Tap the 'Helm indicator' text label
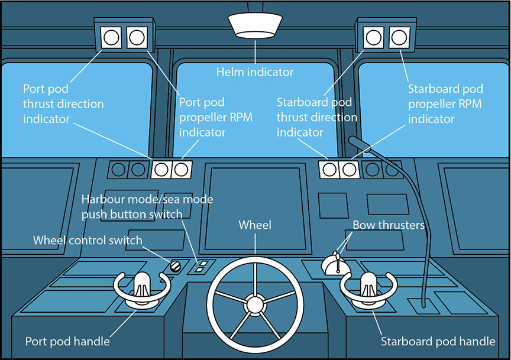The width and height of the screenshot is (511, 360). [x=255, y=72]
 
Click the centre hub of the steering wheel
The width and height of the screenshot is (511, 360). [x=255, y=304]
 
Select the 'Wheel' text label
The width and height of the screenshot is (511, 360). [x=255, y=225]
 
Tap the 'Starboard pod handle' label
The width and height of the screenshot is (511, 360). [x=438, y=342]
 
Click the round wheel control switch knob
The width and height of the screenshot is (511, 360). [x=175, y=266]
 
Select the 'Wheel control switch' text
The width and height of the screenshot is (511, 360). [x=88, y=240]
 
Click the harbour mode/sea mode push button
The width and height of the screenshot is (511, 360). [x=202, y=266]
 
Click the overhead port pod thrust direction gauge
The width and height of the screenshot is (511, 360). [x=111, y=38]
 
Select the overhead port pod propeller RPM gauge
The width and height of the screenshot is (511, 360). [x=137, y=38]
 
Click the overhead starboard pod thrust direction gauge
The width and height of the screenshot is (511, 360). [x=373, y=38]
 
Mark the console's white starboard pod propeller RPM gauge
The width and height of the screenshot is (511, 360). [x=350, y=170]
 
